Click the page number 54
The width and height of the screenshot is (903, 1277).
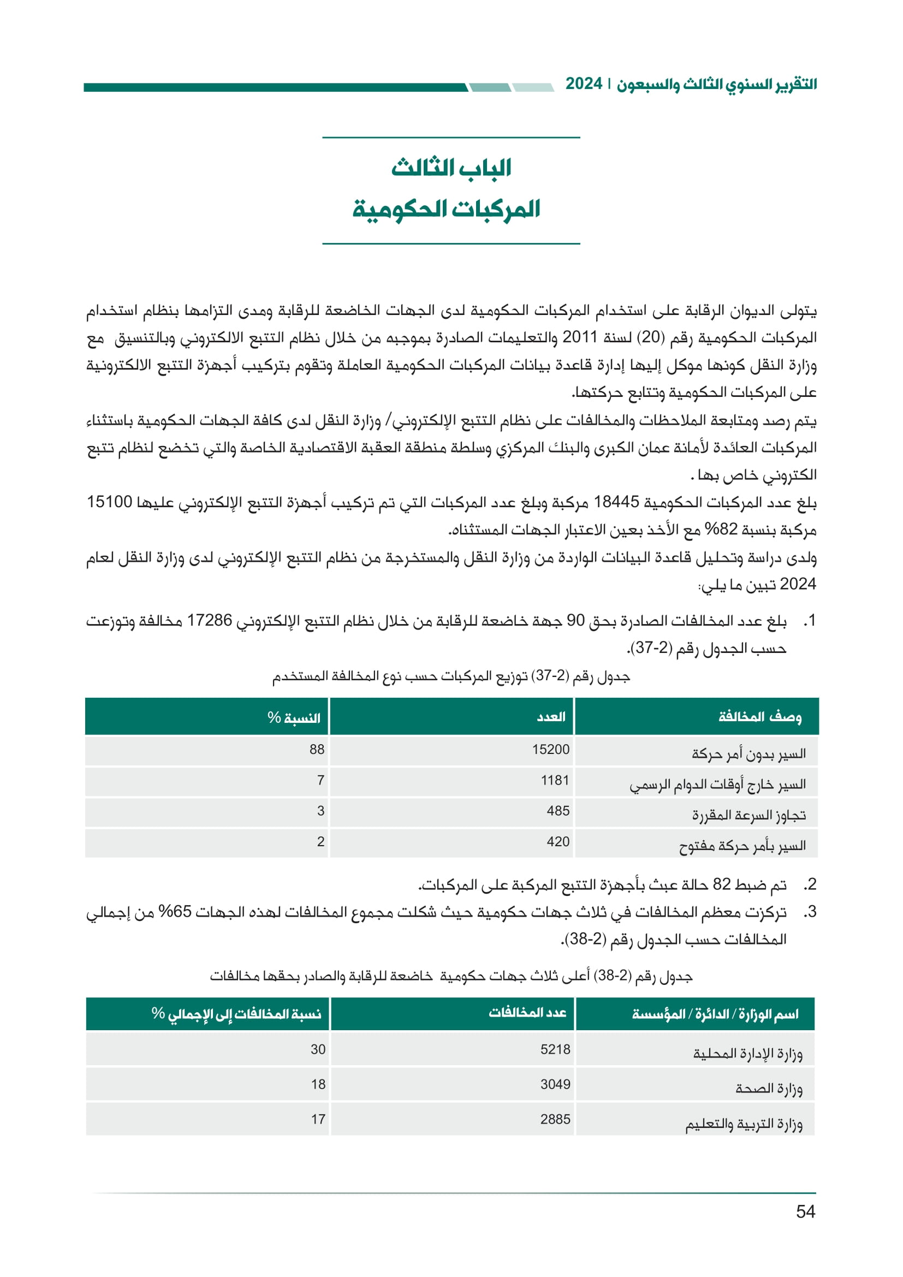pyautogui.click(x=805, y=1211)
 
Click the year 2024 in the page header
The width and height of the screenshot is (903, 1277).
pyautogui.click(x=584, y=84)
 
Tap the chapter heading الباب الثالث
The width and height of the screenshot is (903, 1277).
pyautogui.click(x=451, y=168)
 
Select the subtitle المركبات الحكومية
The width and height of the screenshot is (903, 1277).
pyautogui.click(x=446, y=209)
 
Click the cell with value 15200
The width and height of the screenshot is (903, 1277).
pyautogui.click(x=550, y=749)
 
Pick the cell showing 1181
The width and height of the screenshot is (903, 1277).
pyautogui.click(x=555, y=780)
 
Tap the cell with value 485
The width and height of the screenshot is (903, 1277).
pyautogui.click(x=558, y=811)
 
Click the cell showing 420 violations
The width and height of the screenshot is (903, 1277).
pyautogui.click(x=558, y=841)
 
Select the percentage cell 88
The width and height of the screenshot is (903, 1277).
pyautogui.click(x=317, y=749)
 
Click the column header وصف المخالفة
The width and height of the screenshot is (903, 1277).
pyautogui.click(x=759, y=717)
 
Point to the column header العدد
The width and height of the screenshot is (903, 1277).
pyautogui.click(x=551, y=717)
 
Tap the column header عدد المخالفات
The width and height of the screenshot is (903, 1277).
pyautogui.click(x=527, y=1013)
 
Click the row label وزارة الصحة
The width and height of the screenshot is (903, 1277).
pyautogui.click(x=769, y=1089)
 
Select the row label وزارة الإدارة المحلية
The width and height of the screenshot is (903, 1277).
pyautogui.click(x=748, y=1053)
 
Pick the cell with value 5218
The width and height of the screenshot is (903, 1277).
pyautogui.click(x=555, y=1049)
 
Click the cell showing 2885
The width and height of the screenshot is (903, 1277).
pyautogui.click(x=555, y=1119)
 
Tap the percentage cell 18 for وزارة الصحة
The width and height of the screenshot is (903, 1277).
pyautogui.click(x=318, y=1084)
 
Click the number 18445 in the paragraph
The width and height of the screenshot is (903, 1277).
pyautogui.click(x=616, y=502)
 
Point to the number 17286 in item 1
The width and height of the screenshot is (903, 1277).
pyautogui.click(x=209, y=621)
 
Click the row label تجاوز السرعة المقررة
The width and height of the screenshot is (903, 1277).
pyautogui.click(x=748, y=815)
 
